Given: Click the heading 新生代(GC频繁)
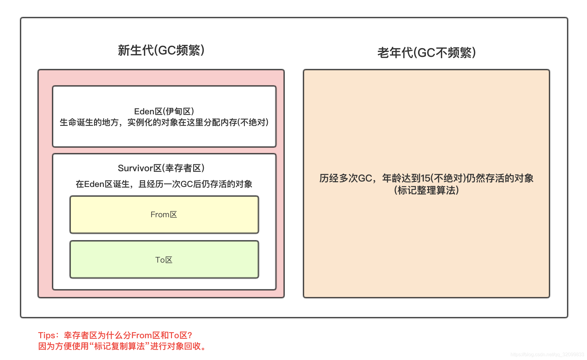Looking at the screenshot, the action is tap(161, 50).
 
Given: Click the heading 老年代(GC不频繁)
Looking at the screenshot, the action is tap(426, 53).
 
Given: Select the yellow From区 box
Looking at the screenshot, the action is tap(164, 214).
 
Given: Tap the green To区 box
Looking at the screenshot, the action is tap(164, 260).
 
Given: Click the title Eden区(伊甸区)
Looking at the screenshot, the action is tap(164, 111).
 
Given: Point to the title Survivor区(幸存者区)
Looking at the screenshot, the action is tap(161, 168).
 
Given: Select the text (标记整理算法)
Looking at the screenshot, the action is tap(426, 190).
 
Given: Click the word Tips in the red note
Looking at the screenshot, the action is tap(47, 335).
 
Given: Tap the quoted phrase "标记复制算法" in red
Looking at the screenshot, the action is tap(119, 346).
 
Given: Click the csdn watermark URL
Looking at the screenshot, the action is tap(547, 355).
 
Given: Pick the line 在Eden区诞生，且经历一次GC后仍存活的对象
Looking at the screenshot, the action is tap(164, 184).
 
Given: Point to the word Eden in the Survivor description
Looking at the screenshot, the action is tap(94, 184).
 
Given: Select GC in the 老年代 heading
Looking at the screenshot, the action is tap(426, 53).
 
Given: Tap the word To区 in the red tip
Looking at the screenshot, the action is tap(178, 335).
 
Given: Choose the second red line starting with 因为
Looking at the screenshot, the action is tap(122, 346).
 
